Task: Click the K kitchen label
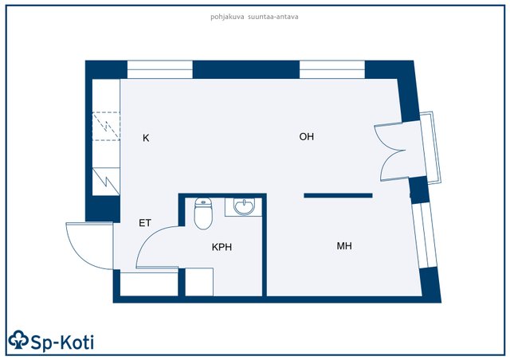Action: tap(146, 139)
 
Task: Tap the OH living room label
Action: tap(306, 136)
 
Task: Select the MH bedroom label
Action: tap(344, 246)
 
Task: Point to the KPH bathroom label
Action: tap(222, 247)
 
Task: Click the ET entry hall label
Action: tap(145, 223)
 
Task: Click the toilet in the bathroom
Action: tap(203, 213)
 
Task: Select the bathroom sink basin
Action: tap(244, 207)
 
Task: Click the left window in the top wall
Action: tap(159, 69)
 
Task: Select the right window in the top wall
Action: tap(331, 69)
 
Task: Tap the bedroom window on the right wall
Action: tap(424, 236)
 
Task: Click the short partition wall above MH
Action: tap(338, 195)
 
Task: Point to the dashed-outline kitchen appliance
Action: tap(106, 126)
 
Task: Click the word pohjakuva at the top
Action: tap(227, 17)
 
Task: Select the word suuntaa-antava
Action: tap(273, 17)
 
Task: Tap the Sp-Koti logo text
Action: tap(62, 342)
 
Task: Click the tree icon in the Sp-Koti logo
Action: tap(18, 340)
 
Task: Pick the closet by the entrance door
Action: tap(149, 284)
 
